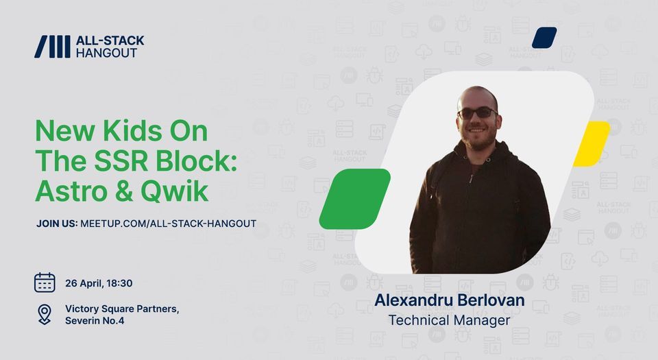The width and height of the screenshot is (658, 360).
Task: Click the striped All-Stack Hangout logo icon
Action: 52,47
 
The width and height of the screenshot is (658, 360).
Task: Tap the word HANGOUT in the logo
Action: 107,53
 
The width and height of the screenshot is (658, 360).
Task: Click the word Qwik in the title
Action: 174,192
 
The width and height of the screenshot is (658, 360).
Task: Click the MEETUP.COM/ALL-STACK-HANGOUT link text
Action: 169,224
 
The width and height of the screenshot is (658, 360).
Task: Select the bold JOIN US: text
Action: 57,224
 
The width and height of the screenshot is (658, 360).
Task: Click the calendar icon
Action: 45,283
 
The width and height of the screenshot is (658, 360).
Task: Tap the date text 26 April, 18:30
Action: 99,283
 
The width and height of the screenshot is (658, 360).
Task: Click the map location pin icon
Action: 45,314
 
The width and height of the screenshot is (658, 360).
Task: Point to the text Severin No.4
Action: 95,320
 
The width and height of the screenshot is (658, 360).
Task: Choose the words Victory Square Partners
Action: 122,309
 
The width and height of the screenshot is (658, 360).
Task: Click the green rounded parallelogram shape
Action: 355,199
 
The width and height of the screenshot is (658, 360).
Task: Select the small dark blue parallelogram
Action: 544,38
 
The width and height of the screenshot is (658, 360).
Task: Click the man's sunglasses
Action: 477,112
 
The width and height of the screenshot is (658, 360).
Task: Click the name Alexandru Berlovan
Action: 450,300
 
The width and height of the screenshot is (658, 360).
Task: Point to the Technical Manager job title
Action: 450,320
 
